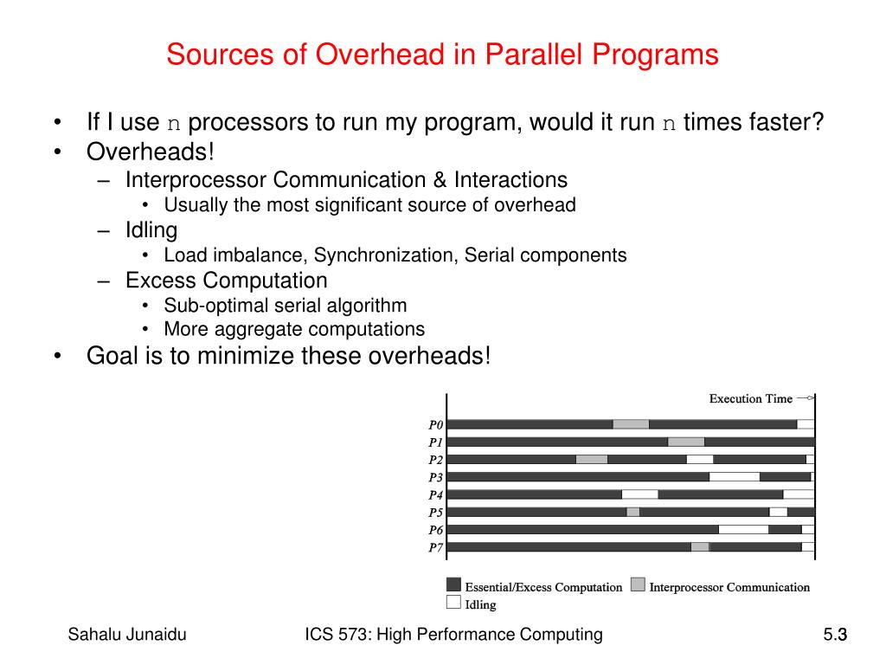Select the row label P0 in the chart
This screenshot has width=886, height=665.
tap(435, 425)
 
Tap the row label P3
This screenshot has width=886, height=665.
tap(435, 477)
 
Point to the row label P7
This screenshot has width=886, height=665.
tap(435, 547)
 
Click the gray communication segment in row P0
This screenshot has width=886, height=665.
tap(631, 424)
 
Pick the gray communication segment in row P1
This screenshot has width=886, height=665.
tap(685, 442)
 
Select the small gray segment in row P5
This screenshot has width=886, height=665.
tap(632, 512)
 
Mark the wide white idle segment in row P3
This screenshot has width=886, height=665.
tap(734, 476)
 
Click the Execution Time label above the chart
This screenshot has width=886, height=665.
tap(750, 398)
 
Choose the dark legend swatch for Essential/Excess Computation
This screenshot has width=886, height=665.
tap(453, 584)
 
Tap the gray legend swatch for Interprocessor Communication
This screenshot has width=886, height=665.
tap(638, 584)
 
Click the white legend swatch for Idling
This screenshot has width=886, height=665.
tap(453, 602)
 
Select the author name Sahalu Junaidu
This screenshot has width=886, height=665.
tap(127, 636)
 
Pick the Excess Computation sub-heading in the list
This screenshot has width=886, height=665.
tap(226, 281)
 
